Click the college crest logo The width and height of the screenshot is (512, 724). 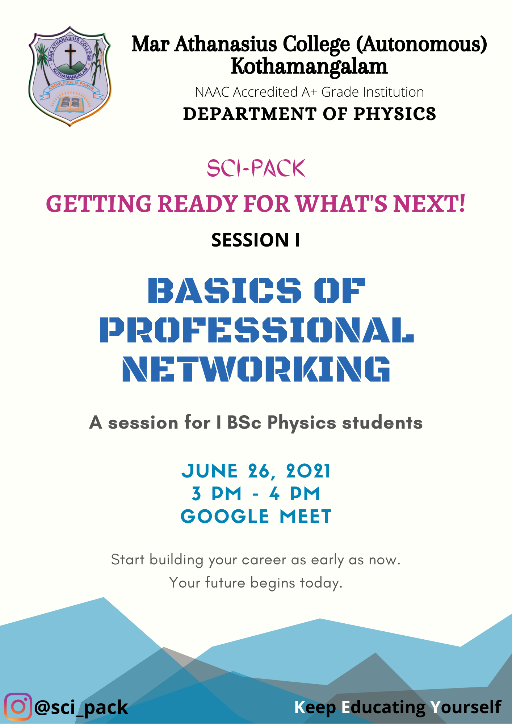(x=70, y=76)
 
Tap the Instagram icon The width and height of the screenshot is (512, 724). (x=18, y=707)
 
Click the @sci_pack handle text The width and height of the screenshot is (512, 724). (x=81, y=707)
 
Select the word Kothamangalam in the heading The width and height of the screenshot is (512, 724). (x=309, y=67)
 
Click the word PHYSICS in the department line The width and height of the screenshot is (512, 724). (x=395, y=114)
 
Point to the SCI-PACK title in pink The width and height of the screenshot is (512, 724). (x=256, y=168)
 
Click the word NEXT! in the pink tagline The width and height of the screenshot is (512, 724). (x=429, y=203)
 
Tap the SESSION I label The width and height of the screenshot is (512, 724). (x=256, y=240)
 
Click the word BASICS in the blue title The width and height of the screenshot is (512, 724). (x=224, y=290)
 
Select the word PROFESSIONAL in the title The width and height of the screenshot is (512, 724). (x=257, y=330)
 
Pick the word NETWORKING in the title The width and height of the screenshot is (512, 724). (x=256, y=369)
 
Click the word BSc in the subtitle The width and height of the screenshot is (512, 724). (x=244, y=422)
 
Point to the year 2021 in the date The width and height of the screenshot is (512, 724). (x=308, y=471)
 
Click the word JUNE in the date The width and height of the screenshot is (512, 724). (x=210, y=471)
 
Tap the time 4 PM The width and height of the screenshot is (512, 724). (x=295, y=494)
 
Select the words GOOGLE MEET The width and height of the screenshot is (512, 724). (x=256, y=516)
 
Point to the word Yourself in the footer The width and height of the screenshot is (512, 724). (x=466, y=707)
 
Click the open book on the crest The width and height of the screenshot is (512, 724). (x=70, y=104)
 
